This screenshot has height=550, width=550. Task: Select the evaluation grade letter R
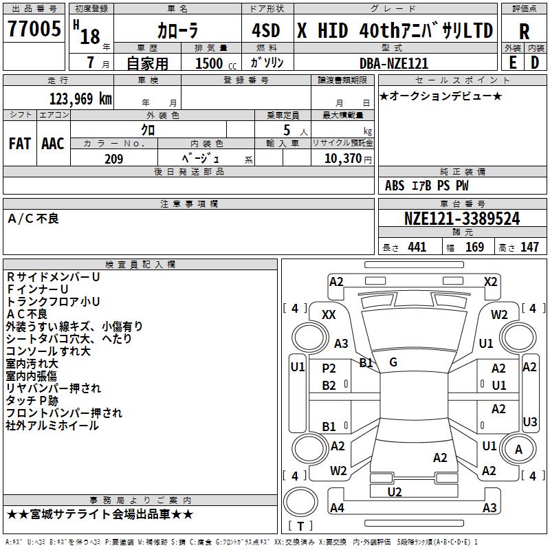pyautogui.click(x=524, y=31)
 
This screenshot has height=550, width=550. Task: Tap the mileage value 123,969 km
pyautogui.click(x=80, y=98)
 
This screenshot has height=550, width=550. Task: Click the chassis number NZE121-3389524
pyautogui.click(x=462, y=219)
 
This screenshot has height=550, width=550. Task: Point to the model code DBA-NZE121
pyautogui.click(x=394, y=63)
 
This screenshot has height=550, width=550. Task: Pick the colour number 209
pyautogui.click(x=114, y=159)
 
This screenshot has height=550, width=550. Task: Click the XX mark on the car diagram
pyautogui.click(x=329, y=314)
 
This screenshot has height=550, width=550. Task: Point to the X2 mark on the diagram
pyautogui.click(x=490, y=281)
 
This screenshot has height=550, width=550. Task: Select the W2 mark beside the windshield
pyautogui.click(x=499, y=314)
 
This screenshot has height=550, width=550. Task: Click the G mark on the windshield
pyautogui.click(x=393, y=362)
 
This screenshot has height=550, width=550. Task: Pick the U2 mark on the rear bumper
pyautogui.click(x=395, y=491)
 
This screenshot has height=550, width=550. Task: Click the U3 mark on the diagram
pyautogui.click(x=529, y=421)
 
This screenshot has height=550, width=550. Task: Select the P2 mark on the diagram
pyautogui.click(x=329, y=368)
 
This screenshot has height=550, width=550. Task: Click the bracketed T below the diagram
pyautogui.click(x=301, y=527)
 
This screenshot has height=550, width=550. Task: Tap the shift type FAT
pyautogui.click(x=19, y=144)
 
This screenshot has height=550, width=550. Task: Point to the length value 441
pyautogui.click(x=417, y=247)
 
